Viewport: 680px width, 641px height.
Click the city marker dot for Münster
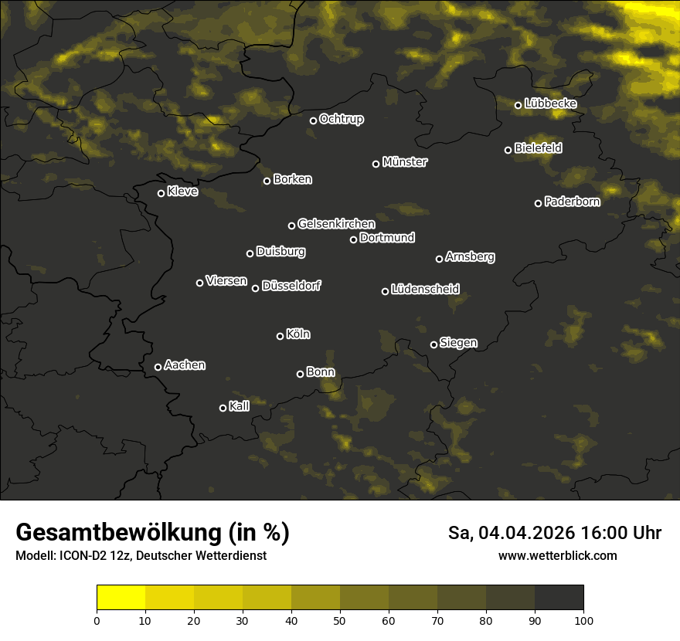tap(376, 164)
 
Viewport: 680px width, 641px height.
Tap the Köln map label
tap(298, 334)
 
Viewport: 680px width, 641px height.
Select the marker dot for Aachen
tap(158, 367)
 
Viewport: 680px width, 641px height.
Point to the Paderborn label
tap(572, 202)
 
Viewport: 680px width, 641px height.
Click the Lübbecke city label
tap(550, 103)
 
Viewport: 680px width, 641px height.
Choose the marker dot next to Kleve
tap(161, 193)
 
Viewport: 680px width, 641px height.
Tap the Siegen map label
tap(458, 343)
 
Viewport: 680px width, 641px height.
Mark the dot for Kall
tap(223, 408)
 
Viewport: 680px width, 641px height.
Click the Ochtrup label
tap(341, 119)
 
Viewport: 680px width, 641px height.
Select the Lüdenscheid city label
tap(425, 290)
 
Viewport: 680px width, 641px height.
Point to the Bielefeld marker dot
tap(508, 150)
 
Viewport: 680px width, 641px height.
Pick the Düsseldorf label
tap(291, 286)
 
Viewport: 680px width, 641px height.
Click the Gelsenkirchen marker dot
tap(292, 226)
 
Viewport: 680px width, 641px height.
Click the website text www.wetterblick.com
tap(557, 555)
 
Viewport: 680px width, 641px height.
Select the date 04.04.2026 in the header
tap(520, 533)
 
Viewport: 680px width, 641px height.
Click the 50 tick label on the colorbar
tap(340, 620)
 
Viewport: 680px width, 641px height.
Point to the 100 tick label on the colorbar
tap(583, 620)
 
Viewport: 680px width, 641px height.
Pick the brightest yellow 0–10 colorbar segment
tap(121, 597)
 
